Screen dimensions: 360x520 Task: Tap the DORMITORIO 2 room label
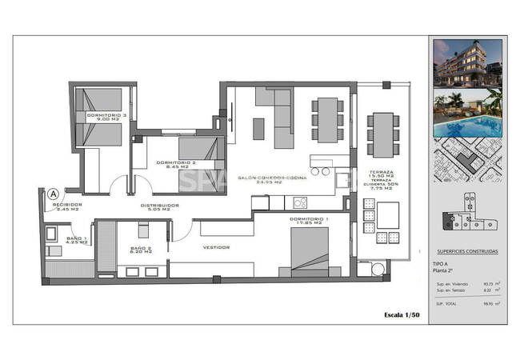point(178,165)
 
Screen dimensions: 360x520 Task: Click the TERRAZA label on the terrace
point(381,174)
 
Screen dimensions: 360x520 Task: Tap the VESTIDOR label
point(216,247)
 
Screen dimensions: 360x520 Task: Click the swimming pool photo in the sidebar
point(466,114)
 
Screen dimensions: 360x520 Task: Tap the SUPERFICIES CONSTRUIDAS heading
point(468,251)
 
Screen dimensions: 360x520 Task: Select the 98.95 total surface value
point(487,303)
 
